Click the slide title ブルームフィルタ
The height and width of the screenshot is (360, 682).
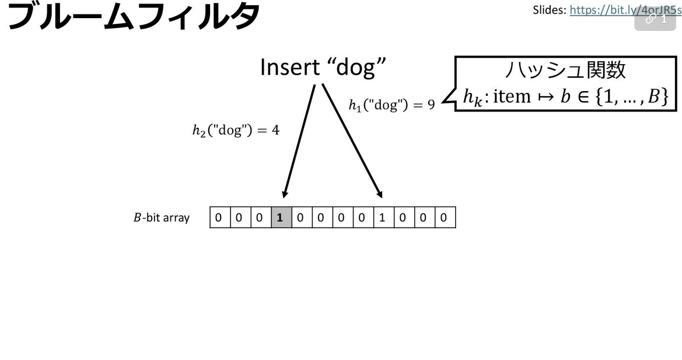coord(133,16)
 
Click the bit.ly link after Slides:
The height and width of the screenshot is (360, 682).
coord(625,10)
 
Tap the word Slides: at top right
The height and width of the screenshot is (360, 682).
coord(550,10)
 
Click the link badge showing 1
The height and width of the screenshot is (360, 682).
coord(655,19)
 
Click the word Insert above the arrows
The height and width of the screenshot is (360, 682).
coord(289,67)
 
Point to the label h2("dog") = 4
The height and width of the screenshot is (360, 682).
coord(236,131)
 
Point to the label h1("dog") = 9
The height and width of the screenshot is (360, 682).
coord(391,106)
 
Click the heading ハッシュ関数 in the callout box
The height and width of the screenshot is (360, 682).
coord(565,70)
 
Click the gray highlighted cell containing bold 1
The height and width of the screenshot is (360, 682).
coord(281,218)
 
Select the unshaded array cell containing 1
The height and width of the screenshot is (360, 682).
coord(382,218)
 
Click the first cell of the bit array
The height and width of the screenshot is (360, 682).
coord(219,218)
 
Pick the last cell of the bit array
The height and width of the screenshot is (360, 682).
coord(444,218)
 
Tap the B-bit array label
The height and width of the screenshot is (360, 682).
coord(162,218)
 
